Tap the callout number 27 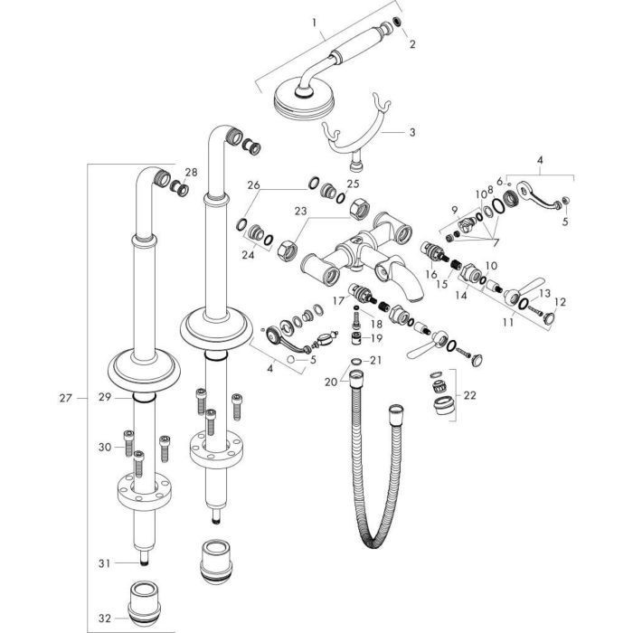[x=64, y=396]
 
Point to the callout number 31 [x=104, y=562]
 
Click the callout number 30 [x=104, y=446]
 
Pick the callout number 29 [x=104, y=398]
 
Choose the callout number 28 [x=191, y=172]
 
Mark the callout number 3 [x=412, y=133]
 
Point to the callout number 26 [x=253, y=186]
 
